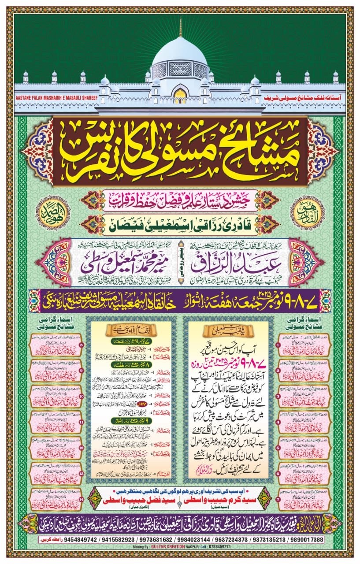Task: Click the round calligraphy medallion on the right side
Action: [306, 208]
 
